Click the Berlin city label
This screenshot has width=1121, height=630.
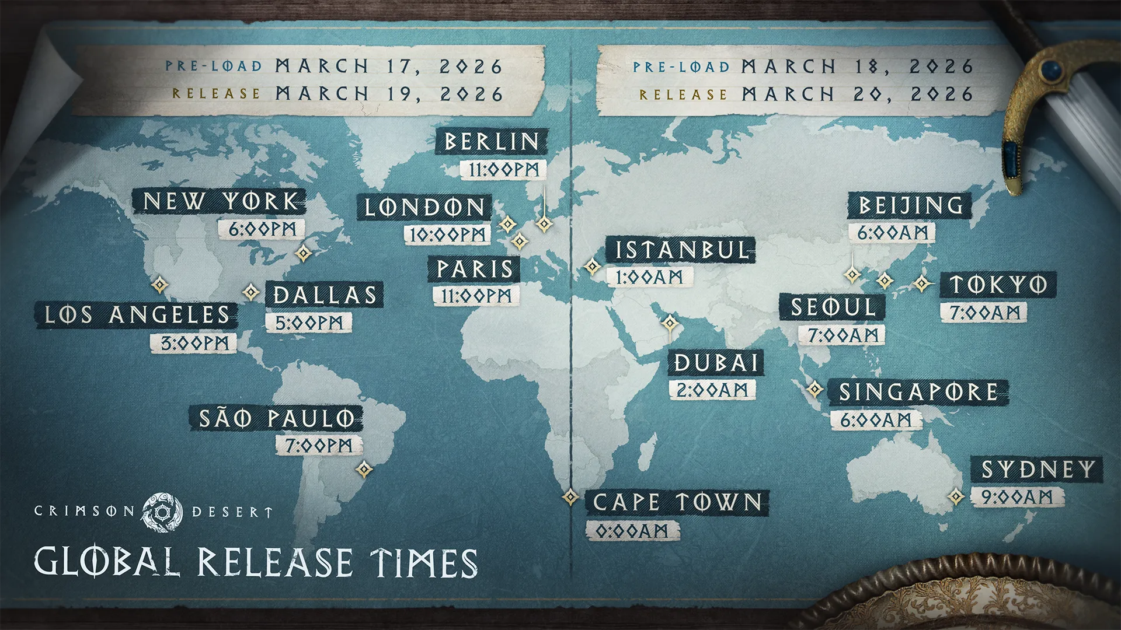[492, 142]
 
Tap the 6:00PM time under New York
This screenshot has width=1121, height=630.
[262, 229]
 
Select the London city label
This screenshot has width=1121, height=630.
[424, 208]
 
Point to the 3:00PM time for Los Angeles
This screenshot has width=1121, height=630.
[194, 343]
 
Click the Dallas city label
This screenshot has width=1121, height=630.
[325, 295]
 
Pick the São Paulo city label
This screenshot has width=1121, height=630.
[276, 418]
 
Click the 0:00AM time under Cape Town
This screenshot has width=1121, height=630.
[632, 531]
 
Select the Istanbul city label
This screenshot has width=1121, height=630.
[681, 250]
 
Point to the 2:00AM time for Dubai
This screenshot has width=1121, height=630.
[712, 390]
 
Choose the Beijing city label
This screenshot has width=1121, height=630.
[910, 205]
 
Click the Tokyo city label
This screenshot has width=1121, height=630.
[998, 285]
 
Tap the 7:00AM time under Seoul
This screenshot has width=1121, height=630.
[843, 335]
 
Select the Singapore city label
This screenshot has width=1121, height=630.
[918, 392]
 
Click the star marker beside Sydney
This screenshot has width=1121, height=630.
[956, 496]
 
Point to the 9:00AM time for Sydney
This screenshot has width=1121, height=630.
[1016, 497]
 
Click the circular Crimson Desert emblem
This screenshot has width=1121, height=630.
[162, 512]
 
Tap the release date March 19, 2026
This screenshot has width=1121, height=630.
[389, 94]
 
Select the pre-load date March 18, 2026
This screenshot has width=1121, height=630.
[857, 67]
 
